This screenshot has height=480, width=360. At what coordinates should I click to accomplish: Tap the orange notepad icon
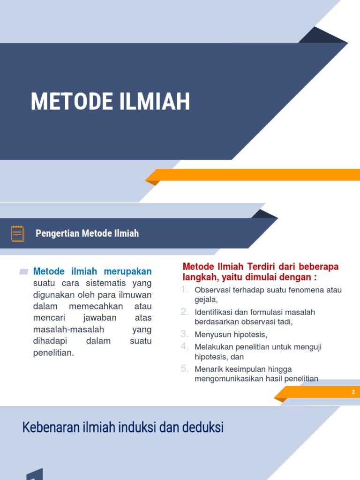18,233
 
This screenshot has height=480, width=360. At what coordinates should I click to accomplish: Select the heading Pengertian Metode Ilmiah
87,233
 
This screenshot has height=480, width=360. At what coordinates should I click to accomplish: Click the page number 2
353,392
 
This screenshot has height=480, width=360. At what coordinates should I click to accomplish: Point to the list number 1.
185,289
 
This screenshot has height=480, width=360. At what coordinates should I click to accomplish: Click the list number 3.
185,334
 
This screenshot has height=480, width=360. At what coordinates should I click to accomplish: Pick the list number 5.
185,368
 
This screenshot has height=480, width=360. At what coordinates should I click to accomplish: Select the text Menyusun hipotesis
231,335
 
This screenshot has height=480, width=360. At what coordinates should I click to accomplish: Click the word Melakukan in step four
212,347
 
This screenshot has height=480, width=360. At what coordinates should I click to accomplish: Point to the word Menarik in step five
208,369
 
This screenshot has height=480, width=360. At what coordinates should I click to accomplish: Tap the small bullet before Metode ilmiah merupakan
24,271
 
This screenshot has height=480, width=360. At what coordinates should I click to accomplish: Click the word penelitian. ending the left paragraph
54,353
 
